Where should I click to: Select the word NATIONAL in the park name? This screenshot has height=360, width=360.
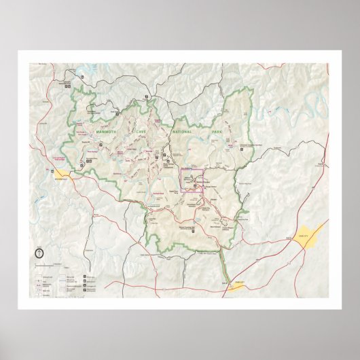182,130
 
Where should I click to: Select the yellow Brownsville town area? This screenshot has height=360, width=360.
64,175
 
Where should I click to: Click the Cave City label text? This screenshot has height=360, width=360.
302,233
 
